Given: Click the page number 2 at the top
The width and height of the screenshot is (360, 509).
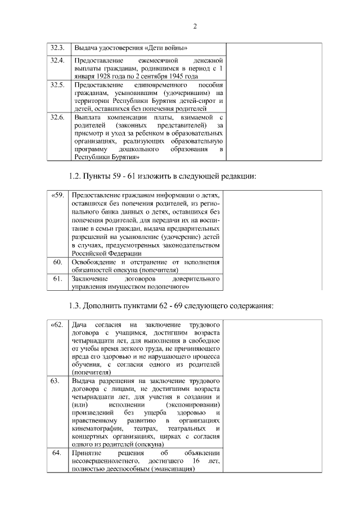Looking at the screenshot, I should click(x=195, y=26).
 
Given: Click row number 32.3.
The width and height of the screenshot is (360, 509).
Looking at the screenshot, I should click(x=57, y=47).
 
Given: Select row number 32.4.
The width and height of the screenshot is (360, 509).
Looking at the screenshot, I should click(x=57, y=60).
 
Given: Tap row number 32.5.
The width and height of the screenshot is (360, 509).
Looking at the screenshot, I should click(x=57, y=84).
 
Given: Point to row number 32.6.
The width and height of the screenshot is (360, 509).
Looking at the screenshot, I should click(x=57, y=116).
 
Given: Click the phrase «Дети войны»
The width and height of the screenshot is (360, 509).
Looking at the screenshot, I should click(x=167, y=47).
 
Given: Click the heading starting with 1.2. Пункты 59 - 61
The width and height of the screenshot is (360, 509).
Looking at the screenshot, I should click(x=162, y=176).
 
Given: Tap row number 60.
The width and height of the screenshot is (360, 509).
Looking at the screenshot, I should click(x=57, y=262).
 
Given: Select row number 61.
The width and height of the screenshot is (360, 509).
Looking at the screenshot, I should click(x=57, y=278).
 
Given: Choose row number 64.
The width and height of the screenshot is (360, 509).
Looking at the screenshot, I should click(x=56, y=453).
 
